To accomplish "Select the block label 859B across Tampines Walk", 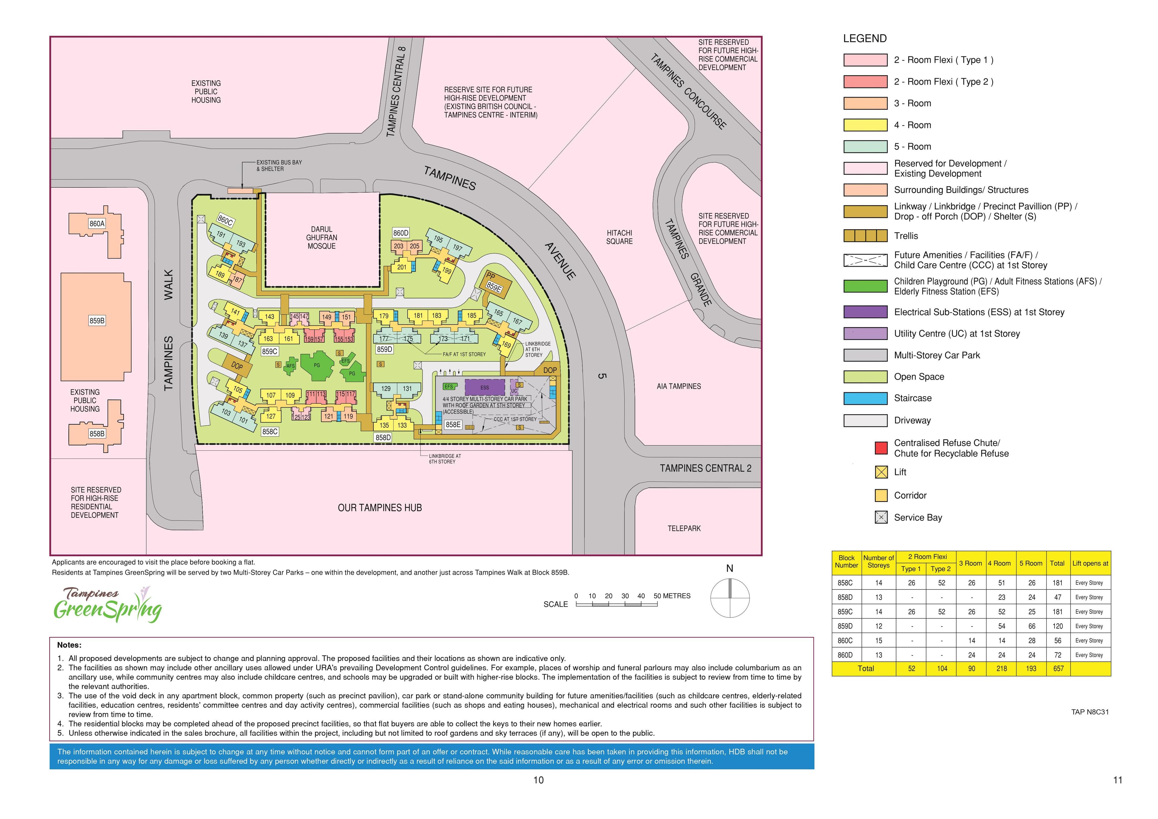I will [97, 320].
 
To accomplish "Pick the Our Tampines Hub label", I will [379, 508].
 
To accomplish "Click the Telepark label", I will [684, 528].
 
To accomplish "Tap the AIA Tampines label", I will [678, 386].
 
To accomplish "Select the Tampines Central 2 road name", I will [705, 468].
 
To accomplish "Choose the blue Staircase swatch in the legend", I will [865, 398].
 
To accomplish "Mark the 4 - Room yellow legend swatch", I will [865, 125].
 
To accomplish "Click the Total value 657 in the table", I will [1058, 668].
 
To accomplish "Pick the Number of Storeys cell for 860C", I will [878, 640].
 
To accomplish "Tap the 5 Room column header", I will [1031, 563].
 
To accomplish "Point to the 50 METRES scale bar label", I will [672, 596].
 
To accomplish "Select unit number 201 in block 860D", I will [401, 267].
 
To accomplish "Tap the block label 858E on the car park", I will [453, 424].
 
